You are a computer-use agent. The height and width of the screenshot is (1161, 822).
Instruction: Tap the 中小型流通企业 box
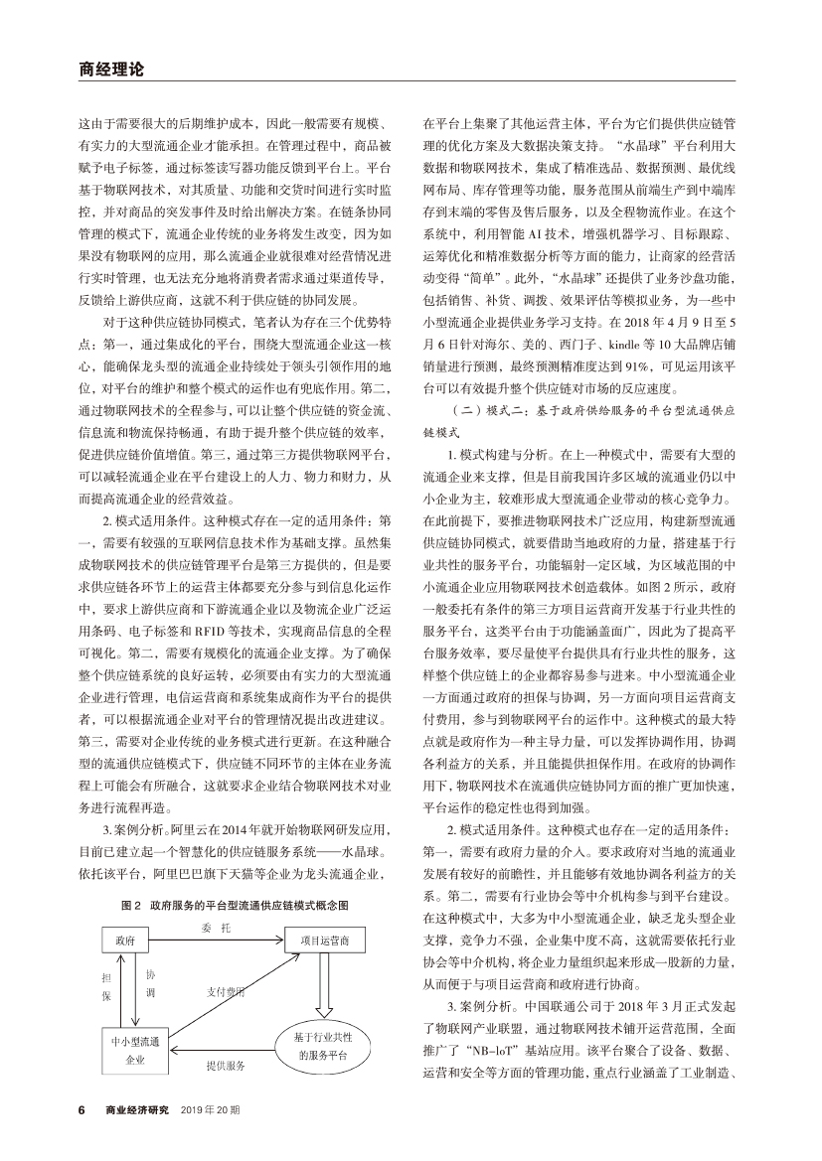(x=136, y=1051)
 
